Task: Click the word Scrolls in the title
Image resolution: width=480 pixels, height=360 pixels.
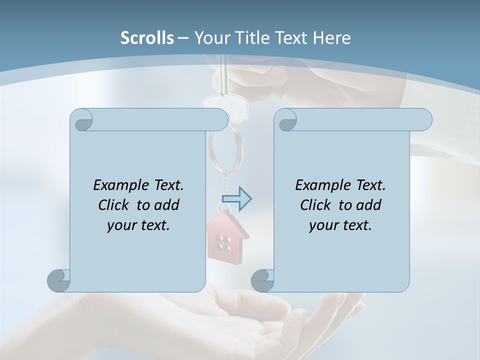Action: tap(147, 38)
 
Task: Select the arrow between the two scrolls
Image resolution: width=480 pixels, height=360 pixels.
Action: tap(236, 198)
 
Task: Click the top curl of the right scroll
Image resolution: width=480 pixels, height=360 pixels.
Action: tap(287, 120)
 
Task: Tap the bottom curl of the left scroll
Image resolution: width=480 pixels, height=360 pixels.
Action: tap(58, 280)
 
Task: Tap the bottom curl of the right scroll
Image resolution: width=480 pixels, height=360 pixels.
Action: tap(262, 280)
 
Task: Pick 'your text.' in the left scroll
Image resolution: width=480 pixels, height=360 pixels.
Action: tap(138, 225)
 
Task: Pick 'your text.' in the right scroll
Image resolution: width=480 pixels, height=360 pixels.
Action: tap(340, 225)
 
